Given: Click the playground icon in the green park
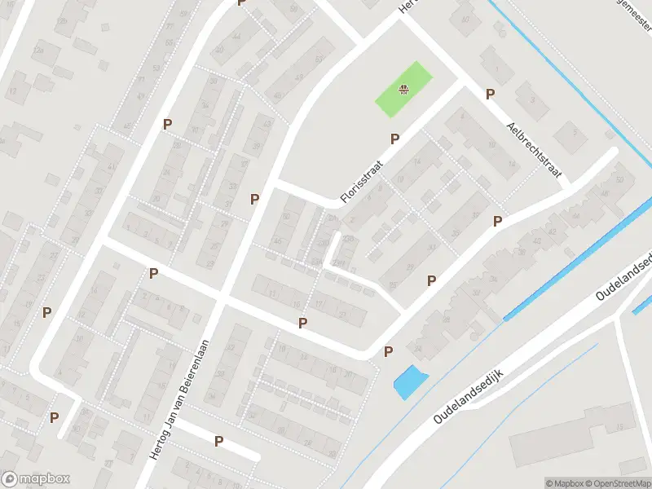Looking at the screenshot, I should (x=403, y=90).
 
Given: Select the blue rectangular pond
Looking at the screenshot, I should (x=409, y=381).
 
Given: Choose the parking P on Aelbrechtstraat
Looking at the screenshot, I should (x=490, y=94).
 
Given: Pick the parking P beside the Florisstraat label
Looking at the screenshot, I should (x=394, y=139).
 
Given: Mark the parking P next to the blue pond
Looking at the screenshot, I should (x=388, y=351).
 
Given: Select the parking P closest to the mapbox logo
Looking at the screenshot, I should (x=54, y=416).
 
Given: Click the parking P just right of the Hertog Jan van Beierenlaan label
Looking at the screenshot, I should (x=218, y=441).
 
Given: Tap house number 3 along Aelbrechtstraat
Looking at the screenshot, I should (x=533, y=100).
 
